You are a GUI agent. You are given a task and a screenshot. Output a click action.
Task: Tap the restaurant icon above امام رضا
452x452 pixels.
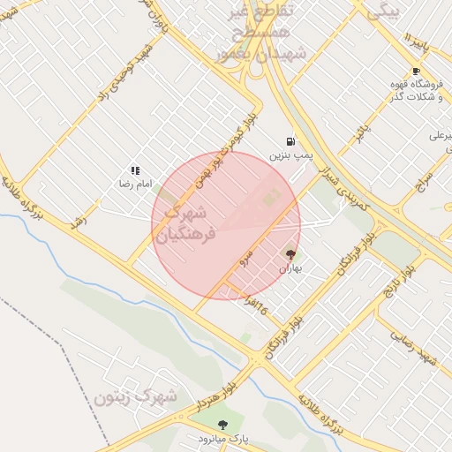tap(135, 170)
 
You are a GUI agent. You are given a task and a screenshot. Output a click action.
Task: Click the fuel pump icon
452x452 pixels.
tap(290, 141)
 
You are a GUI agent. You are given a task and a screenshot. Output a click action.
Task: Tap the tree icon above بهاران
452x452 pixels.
tap(291, 254)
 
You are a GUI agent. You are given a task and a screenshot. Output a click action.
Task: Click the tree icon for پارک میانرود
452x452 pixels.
tap(222, 425)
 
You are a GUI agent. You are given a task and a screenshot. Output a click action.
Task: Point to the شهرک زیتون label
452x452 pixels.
tap(135, 396)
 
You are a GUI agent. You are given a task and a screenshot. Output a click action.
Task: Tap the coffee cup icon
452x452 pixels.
tap(415, 71)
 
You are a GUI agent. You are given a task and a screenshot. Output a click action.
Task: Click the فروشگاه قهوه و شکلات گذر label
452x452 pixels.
tap(415, 89)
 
